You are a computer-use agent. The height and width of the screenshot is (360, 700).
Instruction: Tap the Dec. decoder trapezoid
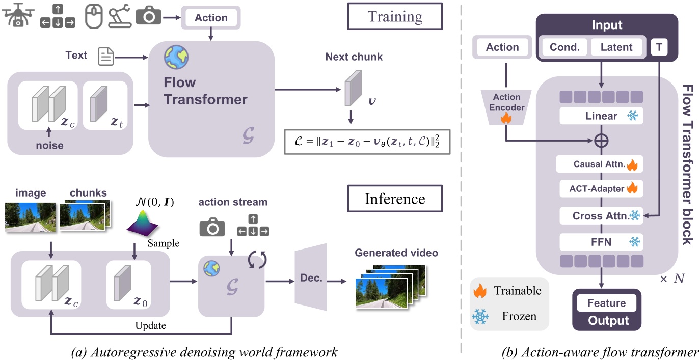click(x=310, y=278)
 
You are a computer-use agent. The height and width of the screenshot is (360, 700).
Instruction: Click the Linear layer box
click(x=601, y=116)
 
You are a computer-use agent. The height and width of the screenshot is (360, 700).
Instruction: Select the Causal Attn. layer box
click(x=601, y=164)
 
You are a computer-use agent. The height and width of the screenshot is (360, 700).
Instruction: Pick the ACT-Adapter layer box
click(x=601, y=188)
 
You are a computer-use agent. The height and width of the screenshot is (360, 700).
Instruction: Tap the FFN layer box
click(x=601, y=241)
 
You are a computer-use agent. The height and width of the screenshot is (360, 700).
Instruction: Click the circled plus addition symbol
click(x=602, y=140)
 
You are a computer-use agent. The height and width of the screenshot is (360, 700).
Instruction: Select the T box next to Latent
click(x=659, y=47)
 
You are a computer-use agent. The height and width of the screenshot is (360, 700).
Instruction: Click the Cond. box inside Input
click(x=564, y=47)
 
